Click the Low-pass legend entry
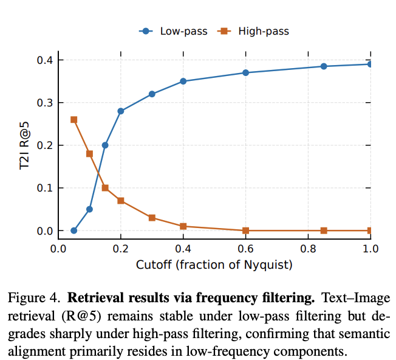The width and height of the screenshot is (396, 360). tap(173, 31)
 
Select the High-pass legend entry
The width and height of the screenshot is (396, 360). tap(254, 31)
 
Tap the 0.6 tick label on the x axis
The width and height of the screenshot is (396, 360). tap(246, 249)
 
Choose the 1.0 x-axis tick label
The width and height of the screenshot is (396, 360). tap(370, 249)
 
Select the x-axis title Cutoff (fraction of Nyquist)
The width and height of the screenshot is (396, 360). tap(214, 265)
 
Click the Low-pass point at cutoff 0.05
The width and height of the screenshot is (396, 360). tap(74, 230)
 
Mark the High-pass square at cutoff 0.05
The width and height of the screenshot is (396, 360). tap(74, 120)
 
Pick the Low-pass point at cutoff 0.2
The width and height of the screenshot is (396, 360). tap(121, 111)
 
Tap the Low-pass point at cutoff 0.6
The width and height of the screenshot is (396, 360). tap(246, 72)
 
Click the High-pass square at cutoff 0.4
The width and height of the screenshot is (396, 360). tap(183, 226)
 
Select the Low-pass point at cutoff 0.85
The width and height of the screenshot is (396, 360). tap(324, 66)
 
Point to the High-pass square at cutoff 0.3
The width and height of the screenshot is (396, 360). tap(152, 218)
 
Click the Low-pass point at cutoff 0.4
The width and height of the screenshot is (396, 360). tap(183, 81)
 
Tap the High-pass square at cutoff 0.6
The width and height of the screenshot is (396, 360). tap(246, 230)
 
